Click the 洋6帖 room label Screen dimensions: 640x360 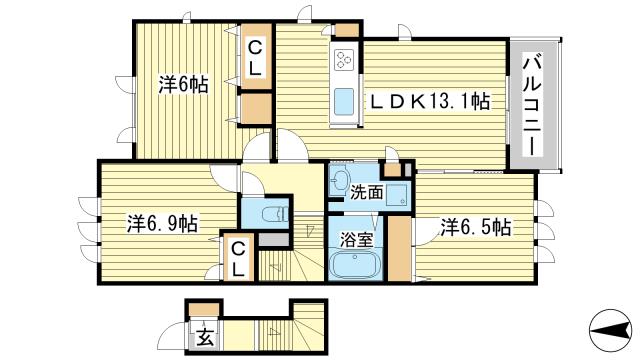coord(183,84)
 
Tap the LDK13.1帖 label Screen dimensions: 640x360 coord(429,101)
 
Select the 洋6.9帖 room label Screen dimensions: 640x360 coord(162,224)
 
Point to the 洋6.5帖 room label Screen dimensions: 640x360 coord(476,227)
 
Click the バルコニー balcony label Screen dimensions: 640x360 coord(533,106)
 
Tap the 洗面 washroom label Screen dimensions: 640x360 coord(367,192)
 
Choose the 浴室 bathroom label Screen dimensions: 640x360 coord(357,240)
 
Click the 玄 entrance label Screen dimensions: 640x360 coord(205,337)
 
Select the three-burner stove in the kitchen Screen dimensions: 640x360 coord(344,59)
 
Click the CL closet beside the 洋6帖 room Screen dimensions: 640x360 coord(256,56)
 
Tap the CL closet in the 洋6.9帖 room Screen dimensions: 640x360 coord(238,257)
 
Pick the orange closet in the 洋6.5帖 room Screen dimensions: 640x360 coord(399,249)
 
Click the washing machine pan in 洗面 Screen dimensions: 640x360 coord(397,195)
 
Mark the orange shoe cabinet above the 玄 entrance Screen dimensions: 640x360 coord(204,309)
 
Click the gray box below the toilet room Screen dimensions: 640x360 coord(274,240)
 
